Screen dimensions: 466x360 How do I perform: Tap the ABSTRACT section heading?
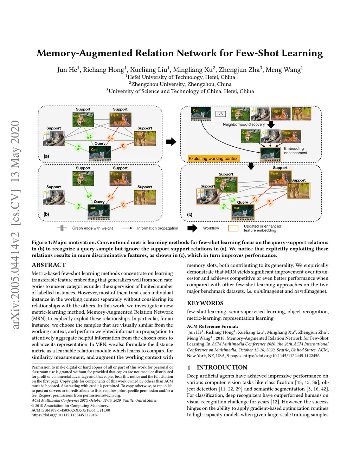click(49, 265)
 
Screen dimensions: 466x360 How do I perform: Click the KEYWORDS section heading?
click(205, 303)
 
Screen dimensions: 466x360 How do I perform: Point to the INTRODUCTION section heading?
click(222, 368)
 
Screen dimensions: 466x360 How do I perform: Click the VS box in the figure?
click(220, 114)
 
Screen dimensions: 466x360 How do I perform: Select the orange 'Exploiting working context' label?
click(213, 159)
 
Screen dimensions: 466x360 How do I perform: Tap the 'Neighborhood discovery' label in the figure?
click(244, 125)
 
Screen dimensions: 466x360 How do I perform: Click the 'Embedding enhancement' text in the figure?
click(295, 151)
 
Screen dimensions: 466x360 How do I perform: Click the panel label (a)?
click(46, 156)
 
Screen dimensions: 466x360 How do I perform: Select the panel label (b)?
click(46, 214)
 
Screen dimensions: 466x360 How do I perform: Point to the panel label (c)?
click(189, 215)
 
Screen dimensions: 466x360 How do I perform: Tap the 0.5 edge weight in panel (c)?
click(224, 206)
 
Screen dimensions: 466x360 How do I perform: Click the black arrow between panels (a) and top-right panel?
click(171, 142)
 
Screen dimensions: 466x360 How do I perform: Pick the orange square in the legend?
click(233, 228)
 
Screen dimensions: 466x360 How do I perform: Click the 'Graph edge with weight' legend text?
click(92, 228)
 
